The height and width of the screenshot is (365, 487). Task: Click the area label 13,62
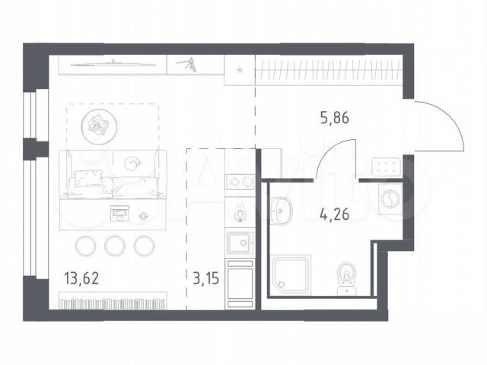coord(81,278)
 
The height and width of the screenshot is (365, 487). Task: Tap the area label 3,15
coord(206,278)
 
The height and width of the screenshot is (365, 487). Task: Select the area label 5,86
coord(335,118)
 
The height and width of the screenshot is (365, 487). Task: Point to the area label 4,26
coord(335,214)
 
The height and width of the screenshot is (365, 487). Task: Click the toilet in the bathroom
coord(347,279)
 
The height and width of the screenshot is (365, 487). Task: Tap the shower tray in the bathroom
coord(291,275)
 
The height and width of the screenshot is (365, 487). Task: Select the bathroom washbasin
coord(281,211)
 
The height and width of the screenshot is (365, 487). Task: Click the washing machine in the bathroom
coord(390,199)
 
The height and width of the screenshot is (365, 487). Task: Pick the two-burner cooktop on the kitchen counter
coord(240,182)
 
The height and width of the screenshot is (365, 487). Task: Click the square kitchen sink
coord(240,243)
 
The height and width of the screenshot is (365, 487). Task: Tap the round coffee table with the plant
coord(99,126)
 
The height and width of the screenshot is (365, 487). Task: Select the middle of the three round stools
coord(115,246)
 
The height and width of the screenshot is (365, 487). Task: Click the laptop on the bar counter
coord(119,213)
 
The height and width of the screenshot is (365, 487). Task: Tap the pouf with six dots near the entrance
coord(386,167)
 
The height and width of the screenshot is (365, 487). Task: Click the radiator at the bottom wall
coord(113,301)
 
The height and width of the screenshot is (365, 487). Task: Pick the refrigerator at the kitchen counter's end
coord(240,284)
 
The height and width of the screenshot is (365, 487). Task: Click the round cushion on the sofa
coord(132,163)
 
